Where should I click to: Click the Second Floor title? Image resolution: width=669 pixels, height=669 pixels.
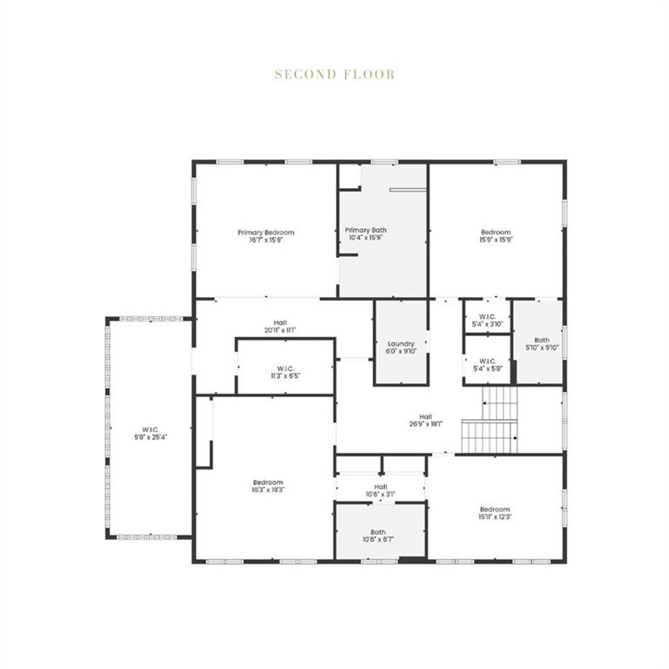334,74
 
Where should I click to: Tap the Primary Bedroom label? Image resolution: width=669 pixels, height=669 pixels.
267,233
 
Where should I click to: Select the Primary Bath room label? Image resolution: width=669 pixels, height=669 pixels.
366,230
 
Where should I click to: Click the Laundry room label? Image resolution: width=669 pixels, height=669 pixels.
402,343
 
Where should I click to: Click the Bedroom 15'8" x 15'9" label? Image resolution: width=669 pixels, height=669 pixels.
496,233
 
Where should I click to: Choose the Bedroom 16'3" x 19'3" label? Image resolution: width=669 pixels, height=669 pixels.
268,483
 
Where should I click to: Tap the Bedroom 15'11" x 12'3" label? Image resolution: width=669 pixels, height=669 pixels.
495,510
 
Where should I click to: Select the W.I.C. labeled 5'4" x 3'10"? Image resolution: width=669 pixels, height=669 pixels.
487,316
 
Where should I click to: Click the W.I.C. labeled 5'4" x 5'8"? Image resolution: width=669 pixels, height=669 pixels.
487,361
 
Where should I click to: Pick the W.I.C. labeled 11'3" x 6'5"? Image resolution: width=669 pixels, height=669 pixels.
285,368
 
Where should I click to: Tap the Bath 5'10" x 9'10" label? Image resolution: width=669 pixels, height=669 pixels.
542,341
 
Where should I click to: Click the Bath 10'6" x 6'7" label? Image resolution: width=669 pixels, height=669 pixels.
378,532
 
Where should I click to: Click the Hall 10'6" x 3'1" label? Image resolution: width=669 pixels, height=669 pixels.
381,487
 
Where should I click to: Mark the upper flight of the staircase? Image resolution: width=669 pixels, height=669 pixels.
501,402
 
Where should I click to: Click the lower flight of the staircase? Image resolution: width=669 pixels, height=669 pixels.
489,437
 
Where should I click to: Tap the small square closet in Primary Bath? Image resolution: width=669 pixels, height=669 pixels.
349,175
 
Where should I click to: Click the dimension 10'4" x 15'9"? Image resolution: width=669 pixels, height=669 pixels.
366,238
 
